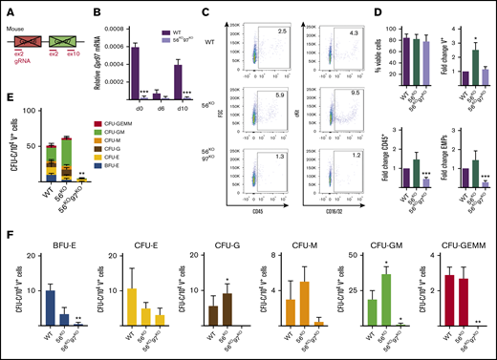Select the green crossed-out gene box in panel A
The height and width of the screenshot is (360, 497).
[84, 32]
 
